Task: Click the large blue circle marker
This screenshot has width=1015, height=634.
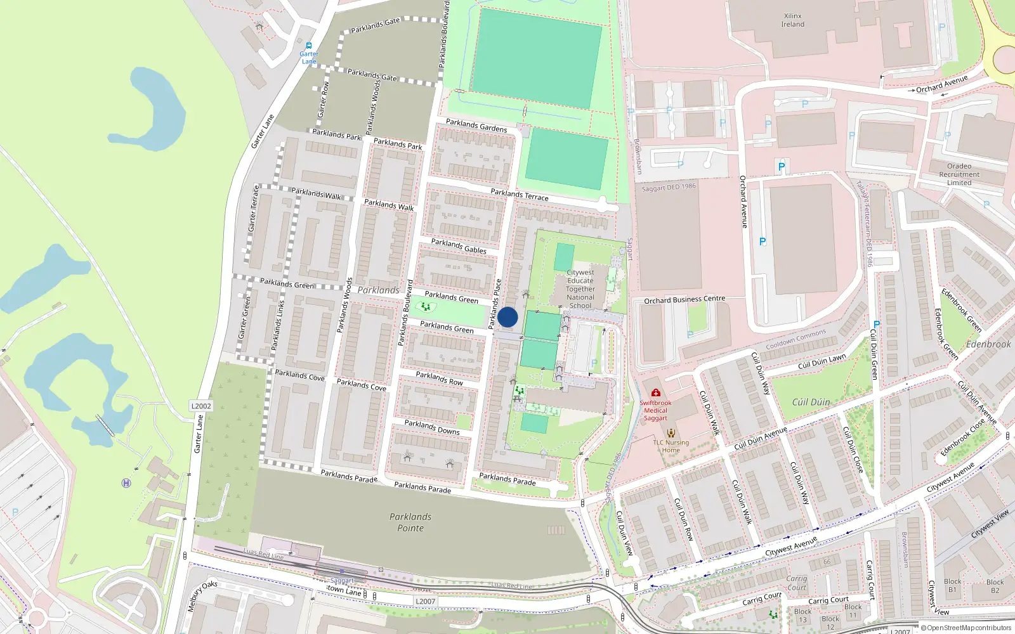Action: pyautogui.click(x=507, y=317)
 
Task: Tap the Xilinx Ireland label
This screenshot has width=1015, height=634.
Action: pyautogui.click(x=792, y=20)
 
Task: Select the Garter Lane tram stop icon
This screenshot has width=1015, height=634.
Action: pyautogui.click(x=309, y=46)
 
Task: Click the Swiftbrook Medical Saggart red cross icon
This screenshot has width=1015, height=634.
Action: pyautogui.click(x=655, y=393)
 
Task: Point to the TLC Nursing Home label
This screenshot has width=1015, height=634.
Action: pyautogui.click(x=671, y=446)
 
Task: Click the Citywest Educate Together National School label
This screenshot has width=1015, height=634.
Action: pyautogui.click(x=580, y=289)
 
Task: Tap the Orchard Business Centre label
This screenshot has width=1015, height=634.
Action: pyautogui.click(x=684, y=299)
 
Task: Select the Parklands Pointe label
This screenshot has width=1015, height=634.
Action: pyautogui.click(x=410, y=522)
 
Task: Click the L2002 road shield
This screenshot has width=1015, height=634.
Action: pyautogui.click(x=201, y=406)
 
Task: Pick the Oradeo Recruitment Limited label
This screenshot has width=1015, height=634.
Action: pyautogui.click(x=959, y=174)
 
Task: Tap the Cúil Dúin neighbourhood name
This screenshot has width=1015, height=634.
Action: pyautogui.click(x=811, y=402)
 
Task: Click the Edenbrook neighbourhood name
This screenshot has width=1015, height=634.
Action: pyautogui.click(x=988, y=344)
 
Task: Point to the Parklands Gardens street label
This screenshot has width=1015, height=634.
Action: pyautogui.click(x=476, y=126)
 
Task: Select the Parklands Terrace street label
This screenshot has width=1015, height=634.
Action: pyautogui.click(x=520, y=195)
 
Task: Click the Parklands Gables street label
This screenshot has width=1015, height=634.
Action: pyautogui.click(x=459, y=246)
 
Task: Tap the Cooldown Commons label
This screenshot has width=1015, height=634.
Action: pyautogui.click(x=796, y=339)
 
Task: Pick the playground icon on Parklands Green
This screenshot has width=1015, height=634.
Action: pyautogui.click(x=425, y=307)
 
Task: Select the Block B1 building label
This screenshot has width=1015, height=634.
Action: pyautogui.click(x=952, y=585)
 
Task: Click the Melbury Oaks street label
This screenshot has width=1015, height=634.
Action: pyautogui.click(x=202, y=597)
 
